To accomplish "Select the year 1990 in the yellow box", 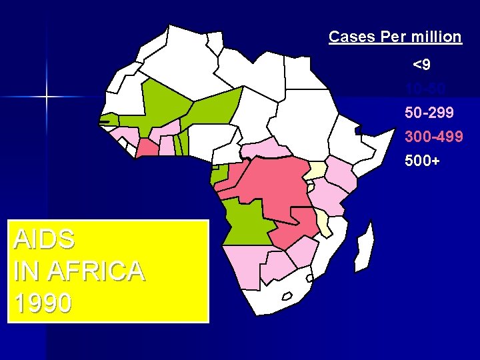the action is pos(43,303).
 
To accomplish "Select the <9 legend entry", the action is pos(421,65).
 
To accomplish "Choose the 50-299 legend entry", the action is pos(431,113).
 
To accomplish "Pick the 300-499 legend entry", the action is pos(433,137).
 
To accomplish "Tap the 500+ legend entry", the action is pos(422,161).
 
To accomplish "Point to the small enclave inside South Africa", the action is pos(288,295).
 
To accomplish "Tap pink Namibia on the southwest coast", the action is pos(243,263).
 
